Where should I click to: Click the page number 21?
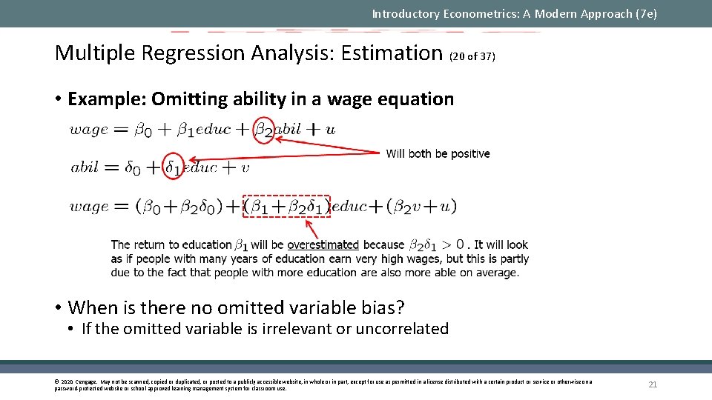(653, 384)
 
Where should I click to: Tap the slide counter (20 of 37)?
(472, 56)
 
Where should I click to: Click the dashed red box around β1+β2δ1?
(286, 206)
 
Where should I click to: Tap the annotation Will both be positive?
(438, 153)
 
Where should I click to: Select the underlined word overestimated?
(323, 244)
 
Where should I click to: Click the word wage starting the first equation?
(88, 130)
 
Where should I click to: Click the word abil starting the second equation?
(85, 167)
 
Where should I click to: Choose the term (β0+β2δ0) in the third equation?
(178, 207)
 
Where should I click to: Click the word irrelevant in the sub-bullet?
(297, 329)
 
